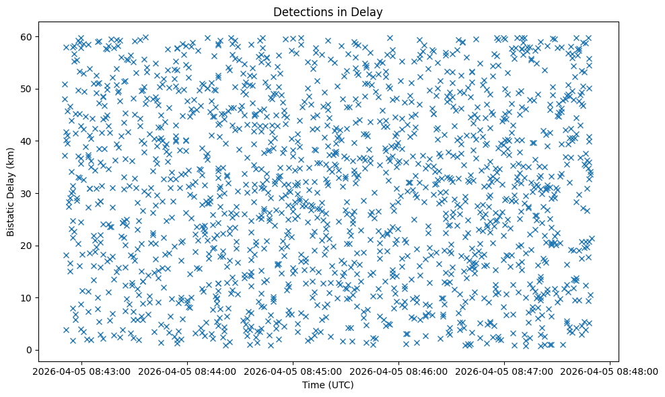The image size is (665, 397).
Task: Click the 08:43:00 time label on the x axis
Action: pyautogui.click(x=82, y=371)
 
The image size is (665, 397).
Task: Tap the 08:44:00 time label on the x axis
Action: pyautogui.click(x=188, y=371)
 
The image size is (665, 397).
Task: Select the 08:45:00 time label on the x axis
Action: pyautogui.click(x=293, y=371)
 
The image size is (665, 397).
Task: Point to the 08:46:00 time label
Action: pyautogui.click(x=399, y=371)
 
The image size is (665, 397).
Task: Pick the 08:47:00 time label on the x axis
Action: pyautogui.click(x=505, y=371)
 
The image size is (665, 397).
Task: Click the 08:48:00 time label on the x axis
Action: pyautogui.click(x=610, y=371)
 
